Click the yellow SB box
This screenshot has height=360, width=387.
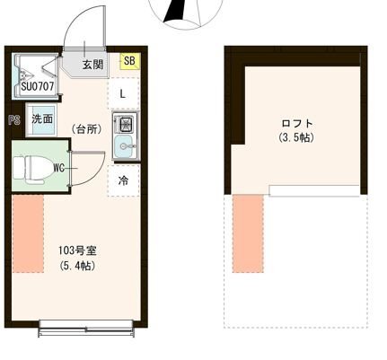[x=129, y=61]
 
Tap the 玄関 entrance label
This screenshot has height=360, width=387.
[x=93, y=65]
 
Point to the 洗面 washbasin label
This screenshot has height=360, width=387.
[x=42, y=119]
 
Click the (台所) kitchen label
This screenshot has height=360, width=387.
[x=87, y=129]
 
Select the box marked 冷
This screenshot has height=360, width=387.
[x=123, y=180]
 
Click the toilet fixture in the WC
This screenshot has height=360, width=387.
[x=33, y=166]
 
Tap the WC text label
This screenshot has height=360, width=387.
[x=58, y=167]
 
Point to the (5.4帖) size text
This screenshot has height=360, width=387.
[x=77, y=266]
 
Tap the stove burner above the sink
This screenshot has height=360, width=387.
[x=124, y=123]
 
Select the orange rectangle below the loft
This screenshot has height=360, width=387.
[x=248, y=235]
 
